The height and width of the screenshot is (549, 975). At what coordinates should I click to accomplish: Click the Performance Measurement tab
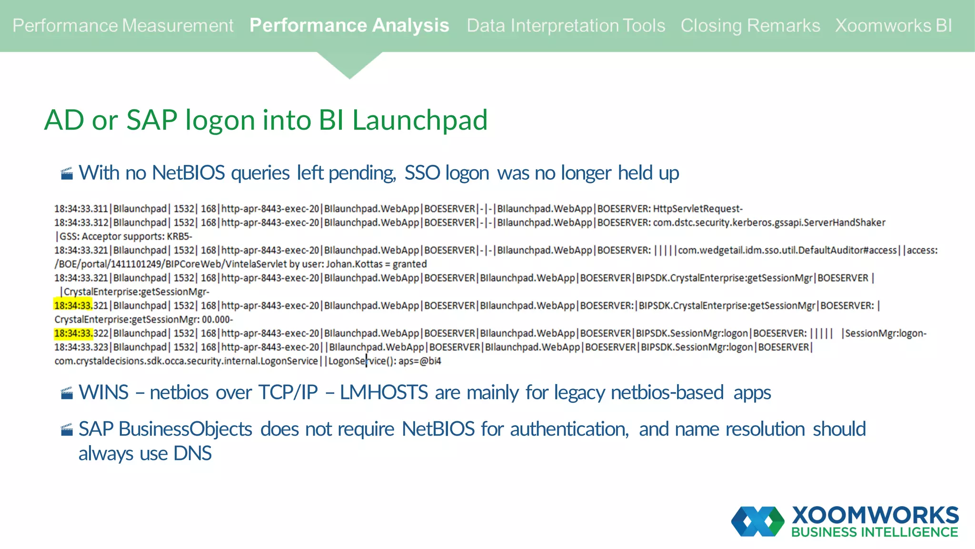pyautogui.click(x=123, y=26)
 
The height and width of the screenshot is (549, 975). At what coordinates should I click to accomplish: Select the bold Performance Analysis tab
pyautogui.click(x=349, y=26)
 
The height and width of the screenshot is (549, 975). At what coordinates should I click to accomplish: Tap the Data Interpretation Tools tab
pyautogui.click(x=566, y=26)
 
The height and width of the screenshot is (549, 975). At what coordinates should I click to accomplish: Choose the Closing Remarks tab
pyautogui.click(x=750, y=26)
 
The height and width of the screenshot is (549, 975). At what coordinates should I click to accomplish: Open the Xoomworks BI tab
pyautogui.click(x=893, y=26)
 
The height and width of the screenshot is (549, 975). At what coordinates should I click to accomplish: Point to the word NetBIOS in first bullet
pyautogui.click(x=188, y=173)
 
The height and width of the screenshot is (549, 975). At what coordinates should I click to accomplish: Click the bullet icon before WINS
pyautogui.click(x=67, y=393)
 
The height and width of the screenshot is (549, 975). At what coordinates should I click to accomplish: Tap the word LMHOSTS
pyautogui.click(x=384, y=393)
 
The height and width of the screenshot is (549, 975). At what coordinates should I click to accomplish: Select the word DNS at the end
pyautogui.click(x=192, y=454)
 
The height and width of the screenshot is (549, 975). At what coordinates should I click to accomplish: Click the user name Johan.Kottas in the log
pyautogui.click(x=354, y=264)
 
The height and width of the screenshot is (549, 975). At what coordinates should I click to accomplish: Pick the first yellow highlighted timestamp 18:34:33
pyautogui.click(x=73, y=305)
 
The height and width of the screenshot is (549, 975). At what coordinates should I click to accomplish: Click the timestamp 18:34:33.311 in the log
pyautogui.click(x=81, y=209)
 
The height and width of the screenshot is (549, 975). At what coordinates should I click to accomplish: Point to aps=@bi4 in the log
pyautogui.click(x=420, y=361)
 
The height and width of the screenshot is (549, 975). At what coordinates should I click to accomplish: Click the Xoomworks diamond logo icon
pyautogui.click(x=757, y=521)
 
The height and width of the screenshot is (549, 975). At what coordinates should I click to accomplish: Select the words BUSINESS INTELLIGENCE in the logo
pyautogui.click(x=875, y=532)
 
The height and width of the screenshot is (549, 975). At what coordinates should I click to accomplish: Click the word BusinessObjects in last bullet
pyautogui.click(x=185, y=429)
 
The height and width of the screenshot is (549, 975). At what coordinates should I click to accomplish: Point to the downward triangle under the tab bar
pyautogui.click(x=349, y=64)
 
